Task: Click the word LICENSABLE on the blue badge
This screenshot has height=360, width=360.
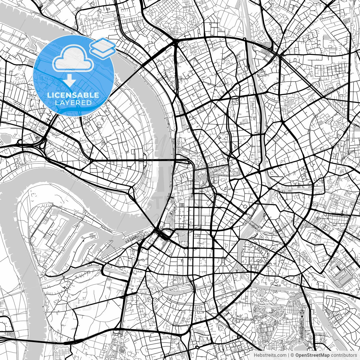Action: point(73,95)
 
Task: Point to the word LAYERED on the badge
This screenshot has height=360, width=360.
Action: point(73,103)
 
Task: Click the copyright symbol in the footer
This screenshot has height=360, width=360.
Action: point(292,355)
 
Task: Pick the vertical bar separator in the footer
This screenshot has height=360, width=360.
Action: point(289,355)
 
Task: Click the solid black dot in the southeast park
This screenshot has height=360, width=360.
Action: point(302,317)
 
